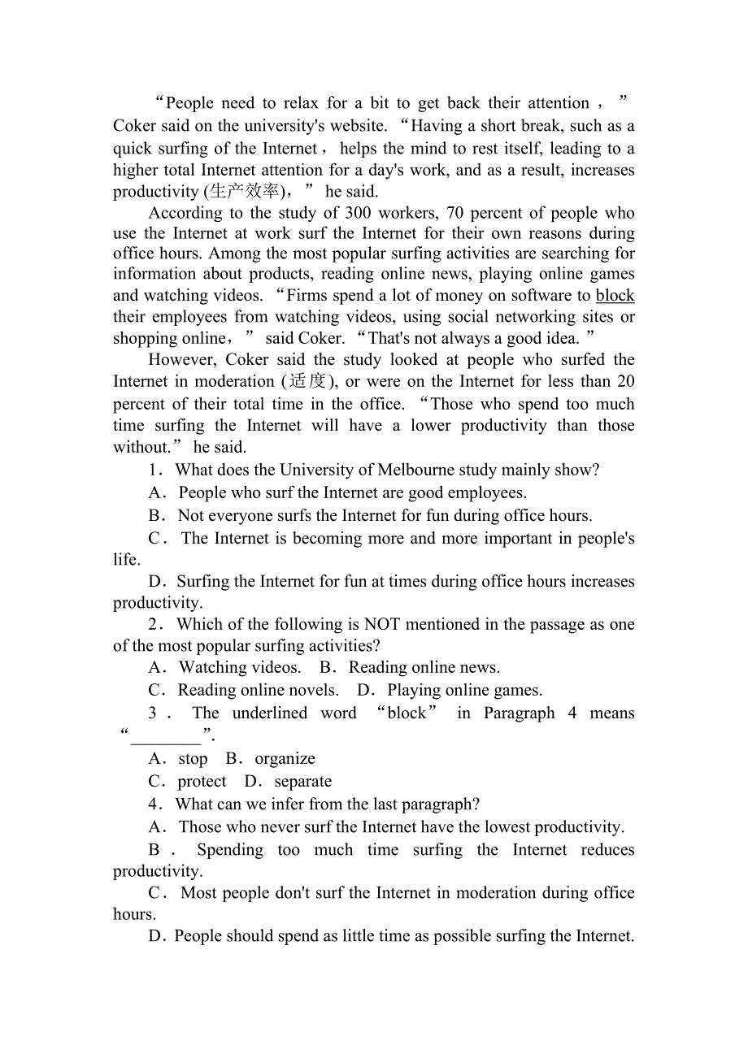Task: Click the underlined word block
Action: pyautogui.click(x=615, y=296)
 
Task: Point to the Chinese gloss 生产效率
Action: pyautogui.click(x=244, y=192)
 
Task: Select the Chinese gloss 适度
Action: pyautogui.click(x=307, y=381)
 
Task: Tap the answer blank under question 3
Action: pyautogui.click(x=166, y=737)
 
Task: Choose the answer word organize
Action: pyautogui.click(x=285, y=758)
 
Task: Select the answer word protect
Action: pyautogui.click(x=202, y=781)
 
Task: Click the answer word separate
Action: pyautogui.click(x=302, y=781)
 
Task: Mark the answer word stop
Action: pyautogui.click(x=193, y=758)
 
